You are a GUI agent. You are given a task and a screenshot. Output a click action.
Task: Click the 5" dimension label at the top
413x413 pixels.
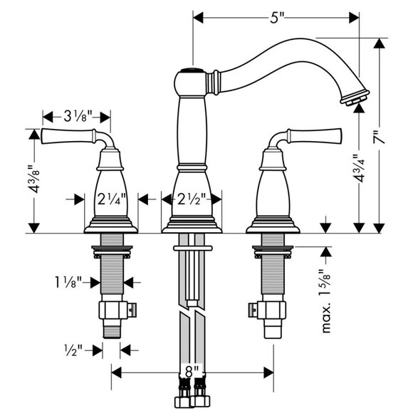click(x=277, y=18)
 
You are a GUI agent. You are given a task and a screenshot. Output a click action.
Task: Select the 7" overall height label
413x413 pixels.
click(x=379, y=137)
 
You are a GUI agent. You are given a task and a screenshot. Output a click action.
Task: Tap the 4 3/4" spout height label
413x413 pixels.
click(x=359, y=168)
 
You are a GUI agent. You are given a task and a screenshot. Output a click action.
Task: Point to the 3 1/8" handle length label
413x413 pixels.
click(x=78, y=116)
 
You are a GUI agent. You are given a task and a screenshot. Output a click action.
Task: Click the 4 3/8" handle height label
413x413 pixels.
click(x=34, y=179)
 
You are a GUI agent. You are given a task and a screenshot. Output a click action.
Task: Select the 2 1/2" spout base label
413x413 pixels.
click(x=192, y=199)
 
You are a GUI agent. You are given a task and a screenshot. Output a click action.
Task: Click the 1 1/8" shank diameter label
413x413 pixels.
click(x=68, y=282)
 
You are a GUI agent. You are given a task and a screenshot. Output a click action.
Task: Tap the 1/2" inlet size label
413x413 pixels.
click(x=73, y=350)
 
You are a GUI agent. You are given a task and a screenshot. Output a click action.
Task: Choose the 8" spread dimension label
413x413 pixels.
click(x=192, y=372)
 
